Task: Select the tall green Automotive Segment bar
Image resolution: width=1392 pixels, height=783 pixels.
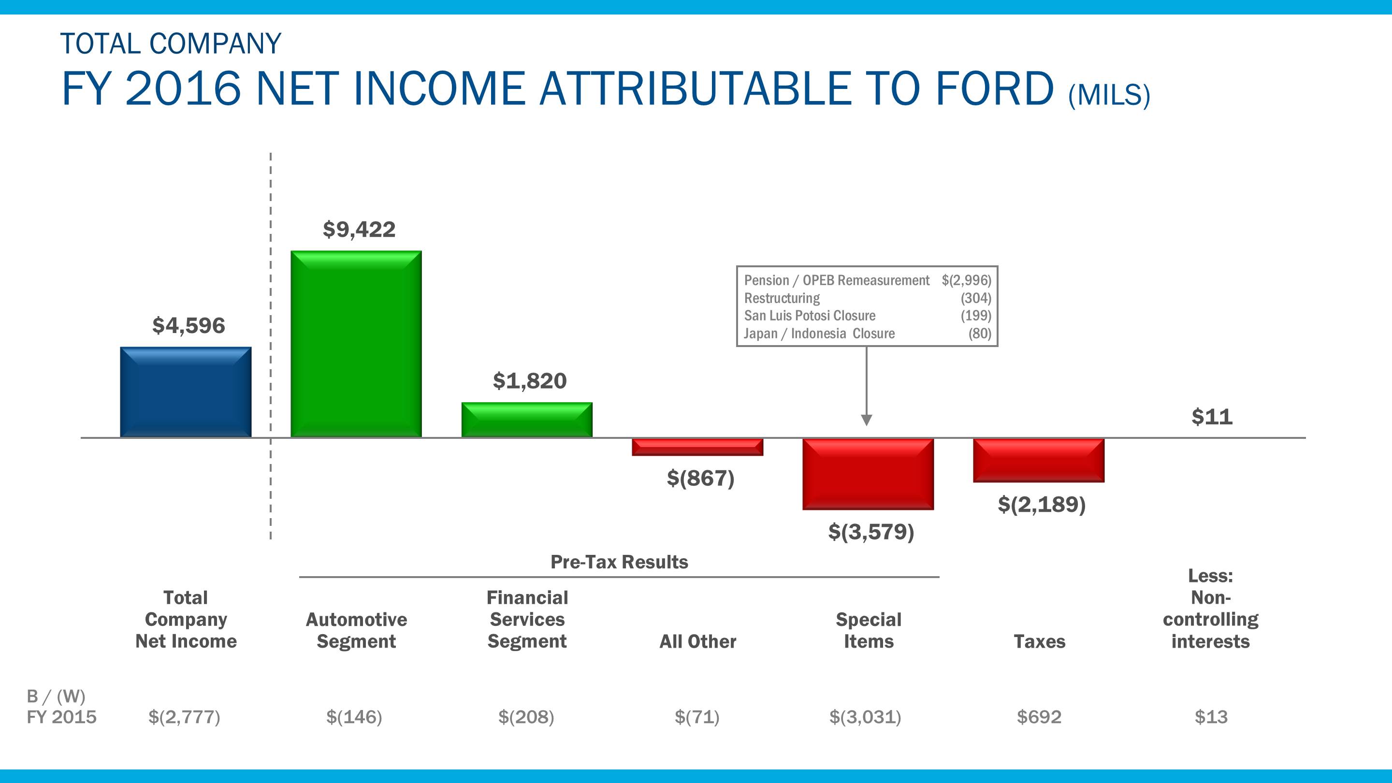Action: [x=356, y=344]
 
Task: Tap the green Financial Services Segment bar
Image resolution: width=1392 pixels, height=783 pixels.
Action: [x=527, y=420]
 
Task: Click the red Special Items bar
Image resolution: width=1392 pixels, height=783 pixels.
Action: [x=868, y=474]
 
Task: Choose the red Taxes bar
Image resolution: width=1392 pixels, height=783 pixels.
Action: [x=1039, y=460]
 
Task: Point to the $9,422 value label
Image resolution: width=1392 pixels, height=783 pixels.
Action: [x=359, y=230]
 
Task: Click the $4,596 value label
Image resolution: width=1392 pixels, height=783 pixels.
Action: [x=188, y=326]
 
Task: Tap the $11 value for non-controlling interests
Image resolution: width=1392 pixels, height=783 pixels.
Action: [x=1212, y=417]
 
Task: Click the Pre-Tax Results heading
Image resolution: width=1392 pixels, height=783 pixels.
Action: [x=619, y=562]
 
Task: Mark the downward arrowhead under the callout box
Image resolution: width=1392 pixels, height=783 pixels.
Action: [x=866, y=420]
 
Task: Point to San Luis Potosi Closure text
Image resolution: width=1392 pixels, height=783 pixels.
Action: [x=810, y=316]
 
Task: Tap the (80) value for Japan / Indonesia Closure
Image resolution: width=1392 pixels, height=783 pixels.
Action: [x=979, y=333]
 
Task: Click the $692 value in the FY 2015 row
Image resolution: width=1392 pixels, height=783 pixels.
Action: [x=1039, y=717]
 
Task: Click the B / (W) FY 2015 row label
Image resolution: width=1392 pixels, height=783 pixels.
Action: [x=60, y=706]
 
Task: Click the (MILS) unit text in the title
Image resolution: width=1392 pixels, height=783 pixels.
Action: [x=1109, y=95]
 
